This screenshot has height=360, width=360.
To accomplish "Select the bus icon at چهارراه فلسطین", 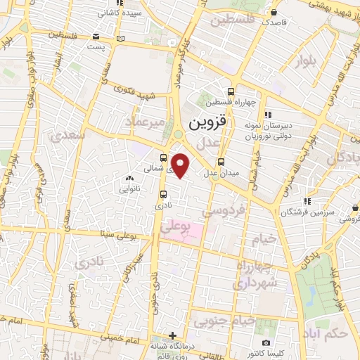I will pyautogui.click(x=231, y=91).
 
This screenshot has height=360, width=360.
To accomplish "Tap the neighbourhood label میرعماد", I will pyautogui.click(x=147, y=122).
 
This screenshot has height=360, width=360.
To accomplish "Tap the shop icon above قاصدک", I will pyautogui.click(x=274, y=12).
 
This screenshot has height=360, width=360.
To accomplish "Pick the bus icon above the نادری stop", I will pyautogui.click(x=163, y=195).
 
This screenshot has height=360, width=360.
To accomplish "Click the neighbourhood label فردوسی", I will pyautogui.click(x=223, y=209).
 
